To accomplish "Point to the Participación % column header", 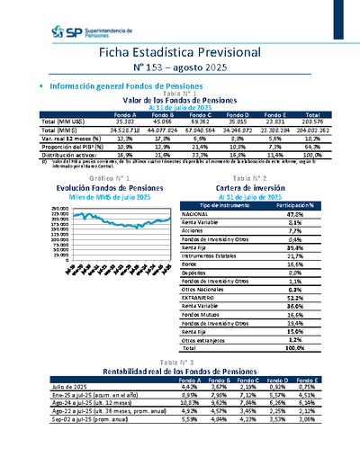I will (293, 205).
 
